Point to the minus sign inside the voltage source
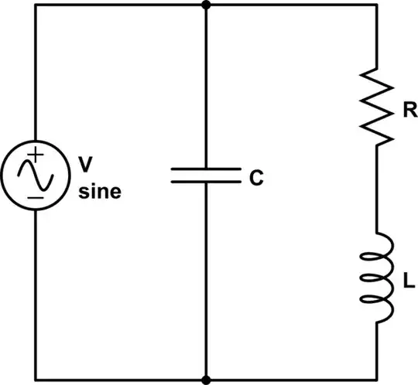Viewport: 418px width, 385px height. (36, 198)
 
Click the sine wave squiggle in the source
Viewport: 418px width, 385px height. (36, 177)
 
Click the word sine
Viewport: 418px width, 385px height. (100, 190)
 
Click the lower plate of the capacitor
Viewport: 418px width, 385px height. (206, 182)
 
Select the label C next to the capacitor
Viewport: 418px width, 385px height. (256, 178)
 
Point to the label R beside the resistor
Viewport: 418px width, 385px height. (409, 111)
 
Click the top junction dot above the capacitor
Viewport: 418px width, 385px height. (206, 5)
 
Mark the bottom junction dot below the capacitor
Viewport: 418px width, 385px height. (206, 380)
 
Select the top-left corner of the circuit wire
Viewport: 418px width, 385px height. (36, 5)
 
